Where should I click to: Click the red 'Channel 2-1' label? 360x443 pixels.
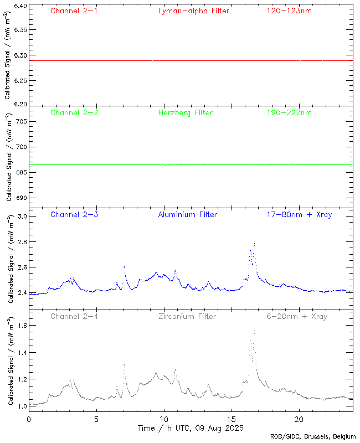pyautogui.click(x=74, y=11)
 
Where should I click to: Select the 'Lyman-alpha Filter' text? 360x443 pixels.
pyautogui.click(x=193, y=11)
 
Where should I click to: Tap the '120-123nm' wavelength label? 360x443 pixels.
pyautogui.click(x=288, y=11)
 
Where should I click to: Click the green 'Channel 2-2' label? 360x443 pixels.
pyautogui.click(x=74, y=112)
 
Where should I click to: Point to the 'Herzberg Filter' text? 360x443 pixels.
pyautogui.click(x=186, y=112)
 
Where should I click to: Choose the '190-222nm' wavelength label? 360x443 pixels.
pyautogui.click(x=288, y=112)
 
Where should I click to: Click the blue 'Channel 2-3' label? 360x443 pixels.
pyautogui.click(x=74, y=214)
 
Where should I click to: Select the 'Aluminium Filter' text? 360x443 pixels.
pyautogui.click(x=187, y=214)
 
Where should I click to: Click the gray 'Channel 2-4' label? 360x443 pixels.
pyautogui.click(x=74, y=316)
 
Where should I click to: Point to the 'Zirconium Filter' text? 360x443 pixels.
pyautogui.click(x=187, y=316)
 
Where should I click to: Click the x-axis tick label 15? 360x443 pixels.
pyautogui.click(x=232, y=419)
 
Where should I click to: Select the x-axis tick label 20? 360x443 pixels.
pyautogui.click(x=299, y=419)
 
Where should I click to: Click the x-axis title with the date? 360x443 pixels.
pyautogui.click(x=190, y=428)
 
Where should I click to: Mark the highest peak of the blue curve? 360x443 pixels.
pyautogui.click(x=254, y=243)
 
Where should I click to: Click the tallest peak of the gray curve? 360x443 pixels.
pyautogui.click(x=254, y=331)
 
